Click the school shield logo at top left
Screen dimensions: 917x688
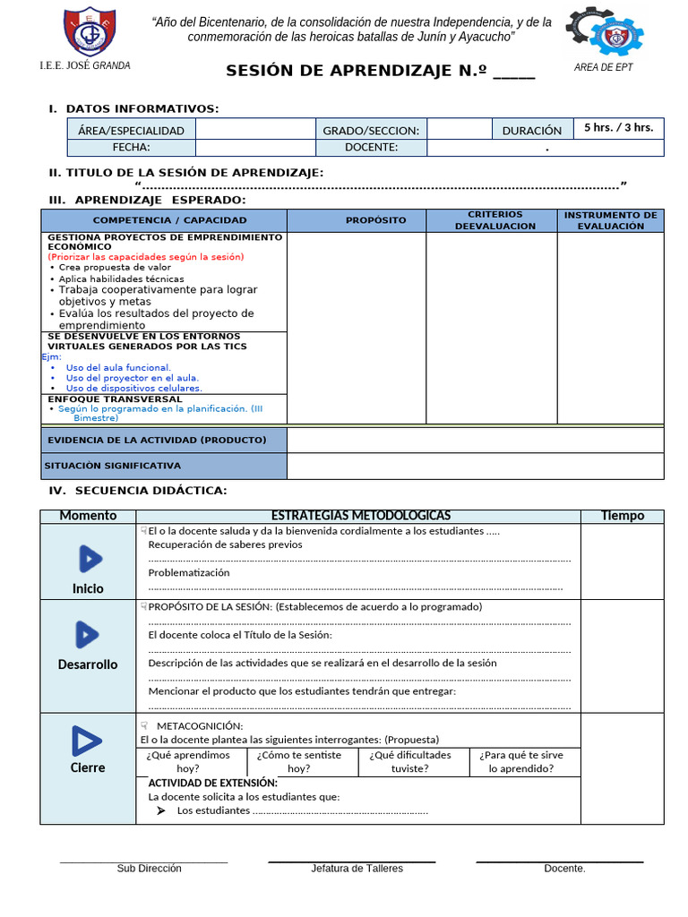tap(90, 31)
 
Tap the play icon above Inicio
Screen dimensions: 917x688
tap(89, 559)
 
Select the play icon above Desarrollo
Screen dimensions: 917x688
tap(87, 635)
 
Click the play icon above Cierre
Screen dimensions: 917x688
tap(87, 741)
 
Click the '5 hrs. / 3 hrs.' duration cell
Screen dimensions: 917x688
tap(618, 127)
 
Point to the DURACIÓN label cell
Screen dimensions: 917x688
tap(531, 130)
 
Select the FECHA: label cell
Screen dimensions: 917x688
tap(131, 148)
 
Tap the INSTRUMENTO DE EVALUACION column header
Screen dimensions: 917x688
tap(610, 220)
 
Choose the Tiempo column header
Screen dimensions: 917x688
tap(622, 516)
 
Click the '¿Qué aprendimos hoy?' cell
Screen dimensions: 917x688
tap(188, 761)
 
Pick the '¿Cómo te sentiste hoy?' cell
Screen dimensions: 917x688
tap(299, 761)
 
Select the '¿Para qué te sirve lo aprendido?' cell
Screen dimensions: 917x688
tap(521, 761)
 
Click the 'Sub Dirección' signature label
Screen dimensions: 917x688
tap(149, 868)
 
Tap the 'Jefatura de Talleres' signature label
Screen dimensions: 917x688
tap(357, 868)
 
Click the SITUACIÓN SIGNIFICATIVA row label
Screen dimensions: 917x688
tap(113, 466)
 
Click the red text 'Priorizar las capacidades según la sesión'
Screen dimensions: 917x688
tap(145, 257)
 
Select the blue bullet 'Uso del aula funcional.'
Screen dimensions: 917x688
tap(118, 367)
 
